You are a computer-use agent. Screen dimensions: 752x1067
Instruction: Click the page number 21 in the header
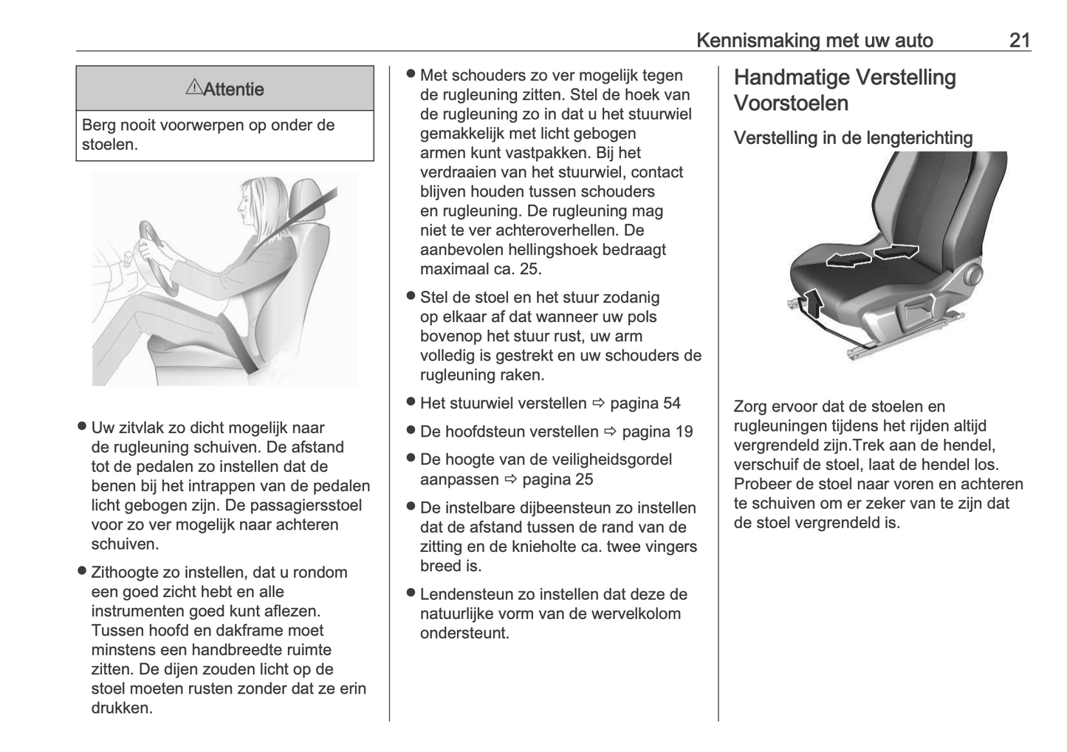click(x=1019, y=40)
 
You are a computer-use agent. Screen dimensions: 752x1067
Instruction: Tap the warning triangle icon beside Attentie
click(x=193, y=88)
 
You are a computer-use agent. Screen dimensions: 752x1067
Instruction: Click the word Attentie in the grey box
click(x=233, y=89)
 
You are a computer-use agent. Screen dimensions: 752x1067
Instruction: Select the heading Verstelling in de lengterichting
click(x=853, y=138)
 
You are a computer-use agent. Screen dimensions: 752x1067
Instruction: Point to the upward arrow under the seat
click(x=812, y=303)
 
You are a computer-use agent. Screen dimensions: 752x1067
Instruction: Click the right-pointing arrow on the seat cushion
click(x=896, y=252)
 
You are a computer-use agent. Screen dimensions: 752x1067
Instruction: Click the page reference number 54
click(x=671, y=403)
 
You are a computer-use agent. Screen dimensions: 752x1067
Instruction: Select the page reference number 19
click(x=683, y=431)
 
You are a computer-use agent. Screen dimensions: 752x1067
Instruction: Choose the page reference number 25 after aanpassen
click(x=583, y=479)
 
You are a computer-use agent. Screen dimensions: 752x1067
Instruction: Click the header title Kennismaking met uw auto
click(x=814, y=40)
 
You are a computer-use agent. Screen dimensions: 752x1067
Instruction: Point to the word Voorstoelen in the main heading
click(x=791, y=103)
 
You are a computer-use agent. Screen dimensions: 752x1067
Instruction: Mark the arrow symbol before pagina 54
click(x=598, y=403)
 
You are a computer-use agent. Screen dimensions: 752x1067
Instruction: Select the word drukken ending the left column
click(x=122, y=708)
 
